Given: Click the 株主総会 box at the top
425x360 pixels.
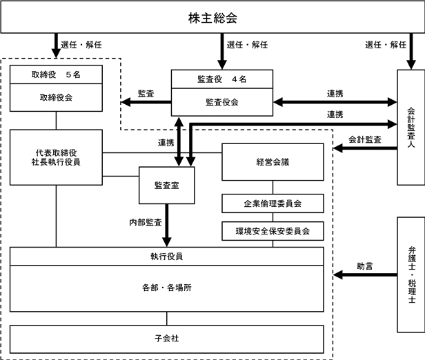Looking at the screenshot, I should click(x=212, y=17).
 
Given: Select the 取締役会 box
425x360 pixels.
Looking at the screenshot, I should click(x=57, y=98).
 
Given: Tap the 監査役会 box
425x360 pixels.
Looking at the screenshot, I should click(x=221, y=102).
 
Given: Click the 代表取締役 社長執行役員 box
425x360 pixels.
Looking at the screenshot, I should click(x=57, y=157).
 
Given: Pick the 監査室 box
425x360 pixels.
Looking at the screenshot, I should click(x=166, y=185).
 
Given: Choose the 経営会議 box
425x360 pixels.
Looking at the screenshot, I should click(x=273, y=162).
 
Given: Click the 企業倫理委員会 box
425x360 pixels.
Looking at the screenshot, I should click(x=273, y=204).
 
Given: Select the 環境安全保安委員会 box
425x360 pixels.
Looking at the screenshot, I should click(x=273, y=230).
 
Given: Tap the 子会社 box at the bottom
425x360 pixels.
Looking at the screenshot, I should click(x=166, y=339).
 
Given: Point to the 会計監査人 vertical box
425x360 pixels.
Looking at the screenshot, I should click(x=411, y=127).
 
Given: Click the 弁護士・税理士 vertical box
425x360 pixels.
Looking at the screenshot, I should click(x=411, y=274).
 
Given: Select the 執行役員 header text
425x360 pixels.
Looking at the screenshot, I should click(x=166, y=256).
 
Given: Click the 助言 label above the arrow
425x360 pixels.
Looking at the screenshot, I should click(x=365, y=265).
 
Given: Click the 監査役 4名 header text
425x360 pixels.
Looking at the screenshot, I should click(x=221, y=79).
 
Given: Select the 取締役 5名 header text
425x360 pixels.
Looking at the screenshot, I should click(x=57, y=74).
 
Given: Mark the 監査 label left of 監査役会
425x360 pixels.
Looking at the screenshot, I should click(x=146, y=93).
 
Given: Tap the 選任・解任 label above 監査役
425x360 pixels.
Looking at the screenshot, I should click(x=247, y=45).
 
